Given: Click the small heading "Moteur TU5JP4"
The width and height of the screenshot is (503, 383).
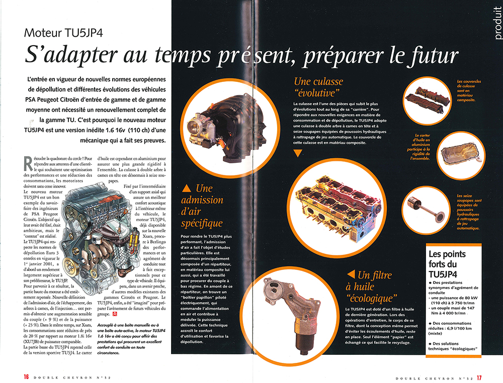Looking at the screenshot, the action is [63, 33].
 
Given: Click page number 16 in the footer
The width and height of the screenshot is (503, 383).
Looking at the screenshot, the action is [26, 377].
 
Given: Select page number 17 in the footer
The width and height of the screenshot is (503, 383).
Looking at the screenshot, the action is [479, 378].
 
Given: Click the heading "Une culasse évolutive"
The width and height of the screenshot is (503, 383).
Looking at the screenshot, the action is [318, 87].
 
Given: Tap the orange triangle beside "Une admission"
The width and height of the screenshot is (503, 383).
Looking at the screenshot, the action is [187, 188].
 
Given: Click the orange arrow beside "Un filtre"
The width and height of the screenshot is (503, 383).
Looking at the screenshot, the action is [351, 274].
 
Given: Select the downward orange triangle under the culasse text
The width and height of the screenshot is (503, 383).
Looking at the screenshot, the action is [298, 153].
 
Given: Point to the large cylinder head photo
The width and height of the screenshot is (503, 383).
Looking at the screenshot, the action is [338, 208].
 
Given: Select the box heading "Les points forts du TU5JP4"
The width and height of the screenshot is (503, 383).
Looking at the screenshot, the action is [447, 264].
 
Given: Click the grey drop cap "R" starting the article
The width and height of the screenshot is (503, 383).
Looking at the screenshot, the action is [28, 163].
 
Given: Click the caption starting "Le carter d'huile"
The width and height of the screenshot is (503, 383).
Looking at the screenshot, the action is [419, 147].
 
